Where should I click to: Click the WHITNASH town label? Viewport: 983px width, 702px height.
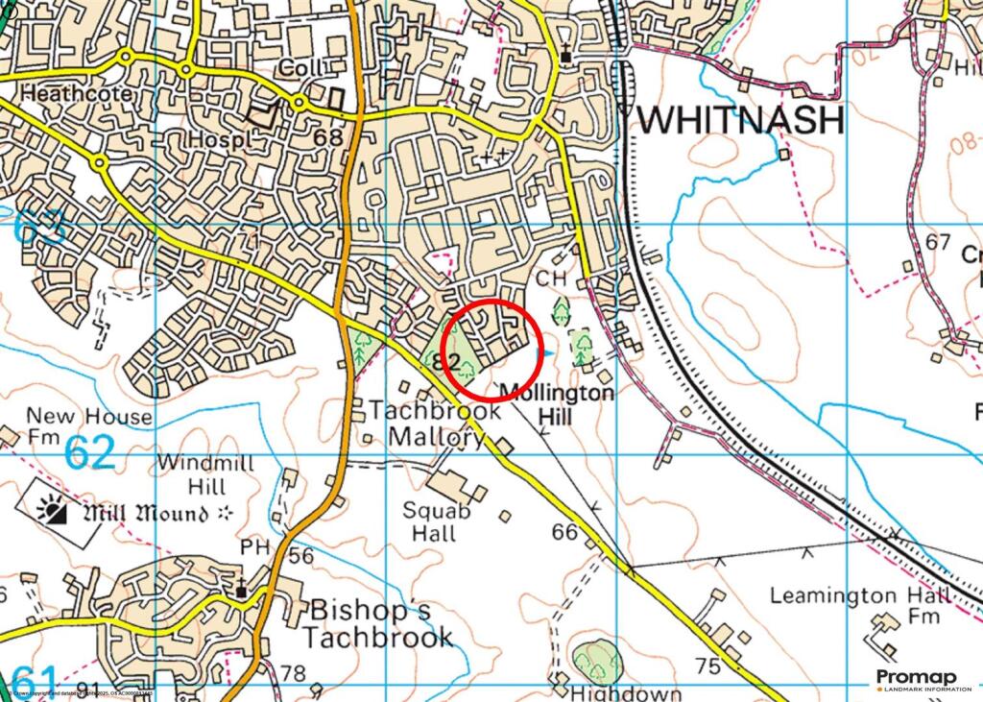coord(741,120)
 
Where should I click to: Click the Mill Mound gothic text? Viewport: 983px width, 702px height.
coord(145,514)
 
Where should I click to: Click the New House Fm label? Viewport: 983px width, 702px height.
coord(76,425)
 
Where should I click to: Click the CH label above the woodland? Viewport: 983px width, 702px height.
coord(548,278)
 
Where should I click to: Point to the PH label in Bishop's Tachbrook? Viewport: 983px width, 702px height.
coord(254,546)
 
